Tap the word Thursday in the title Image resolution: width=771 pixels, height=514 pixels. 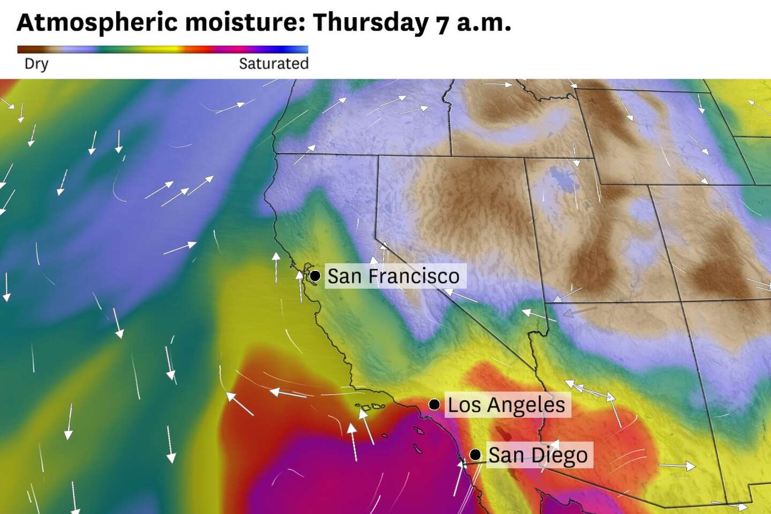click(371, 22)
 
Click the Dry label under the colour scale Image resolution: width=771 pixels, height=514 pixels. click(36, 64)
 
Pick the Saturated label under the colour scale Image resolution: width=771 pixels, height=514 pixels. click(274, 64)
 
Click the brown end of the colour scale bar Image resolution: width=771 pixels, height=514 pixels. click(24, 49)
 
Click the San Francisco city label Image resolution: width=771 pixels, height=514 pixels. click(393, 276)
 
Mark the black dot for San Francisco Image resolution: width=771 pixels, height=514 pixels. click(315, 276)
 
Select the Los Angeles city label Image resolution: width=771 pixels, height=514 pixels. click(506, 405)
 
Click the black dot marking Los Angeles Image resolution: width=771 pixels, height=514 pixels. click(435, 404)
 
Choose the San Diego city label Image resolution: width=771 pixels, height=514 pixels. click(538, 455)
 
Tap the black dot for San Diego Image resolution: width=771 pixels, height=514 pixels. click(475, 455)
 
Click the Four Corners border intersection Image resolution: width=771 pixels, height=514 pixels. click(681, 301)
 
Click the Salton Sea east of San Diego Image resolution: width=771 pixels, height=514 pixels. click(503, 433)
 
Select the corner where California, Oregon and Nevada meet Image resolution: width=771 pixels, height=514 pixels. click(379, 156)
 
